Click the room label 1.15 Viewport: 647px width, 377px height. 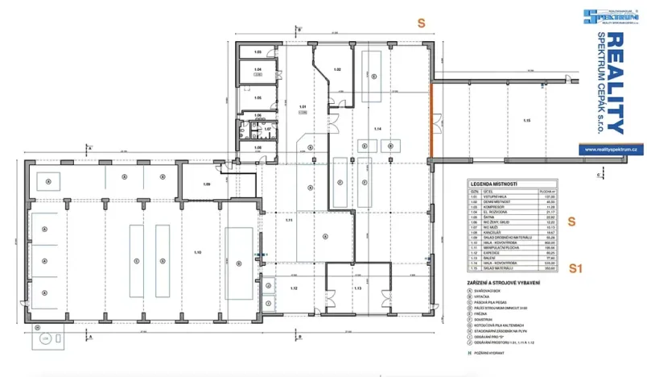click(526, 120)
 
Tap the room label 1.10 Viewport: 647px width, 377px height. click(197, 253)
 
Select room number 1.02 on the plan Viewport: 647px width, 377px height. click(338, 70)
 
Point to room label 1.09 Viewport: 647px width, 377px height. click(207, 185)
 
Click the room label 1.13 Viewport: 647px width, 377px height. click(359, 288)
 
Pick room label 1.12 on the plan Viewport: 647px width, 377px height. click(295, 288)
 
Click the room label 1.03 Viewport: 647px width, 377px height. click(258, 52)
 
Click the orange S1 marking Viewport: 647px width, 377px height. click(575, 268)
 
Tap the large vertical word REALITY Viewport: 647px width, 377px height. click(614, 83)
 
